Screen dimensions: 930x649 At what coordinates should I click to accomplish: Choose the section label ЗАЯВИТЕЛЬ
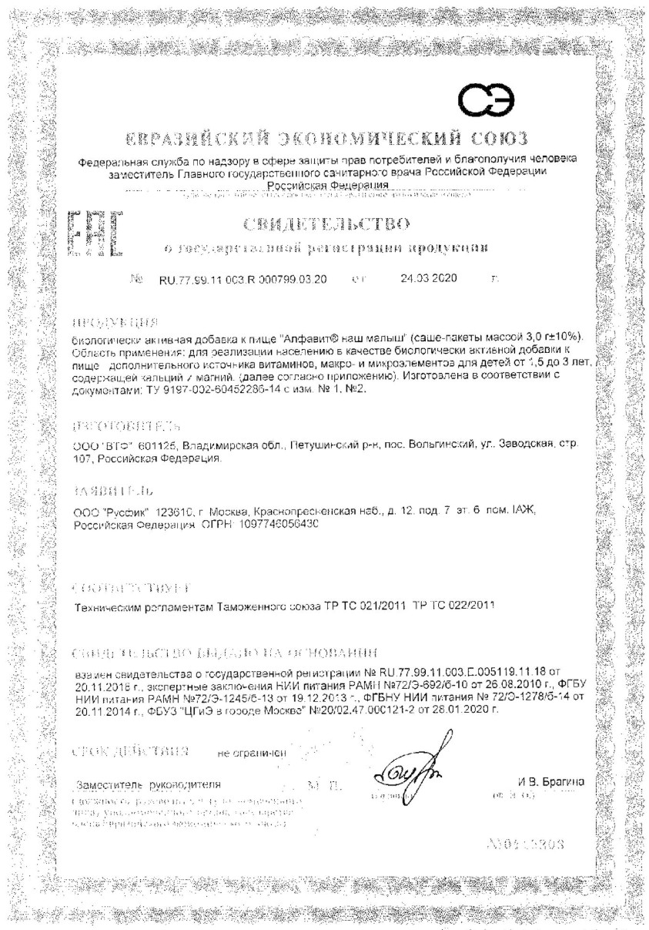[107, 490]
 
